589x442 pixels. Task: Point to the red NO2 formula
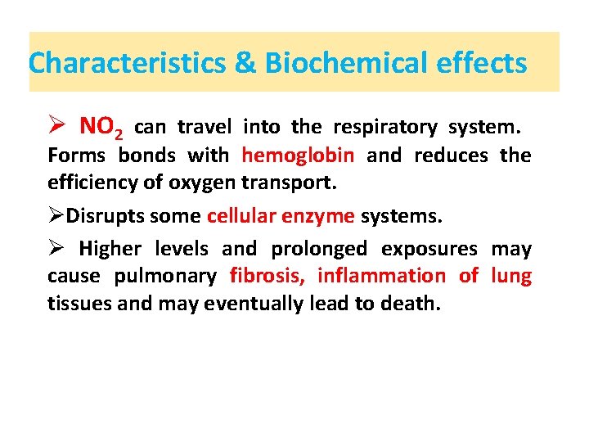tap(101, 128)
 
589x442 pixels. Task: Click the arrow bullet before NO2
tap(56, 127)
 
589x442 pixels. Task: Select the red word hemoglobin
tap(298, 155)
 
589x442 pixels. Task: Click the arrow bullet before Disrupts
tap(56, 215)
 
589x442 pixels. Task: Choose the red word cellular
tap(241, 215)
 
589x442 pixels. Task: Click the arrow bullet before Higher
tap(56, 248)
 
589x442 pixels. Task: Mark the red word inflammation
tap(381, 276)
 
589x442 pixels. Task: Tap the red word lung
tap(511, 277)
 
